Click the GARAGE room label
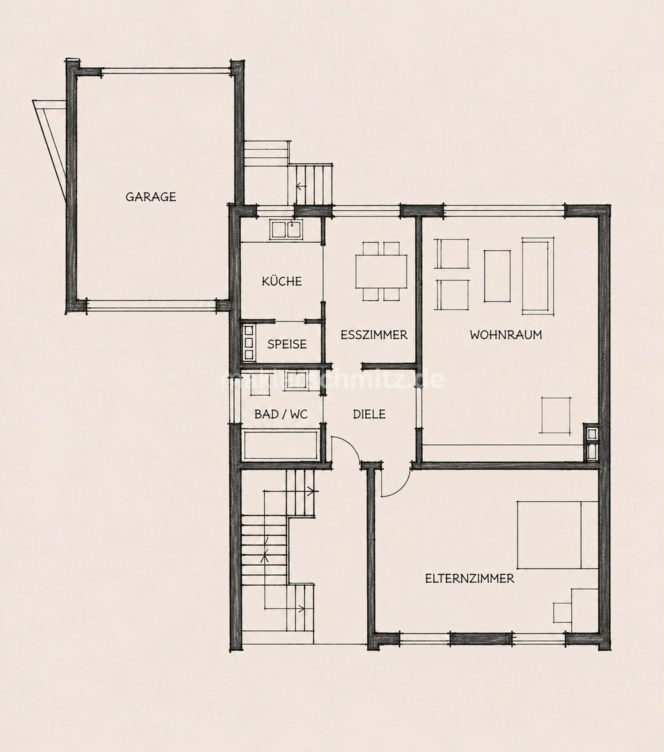coord(151,197)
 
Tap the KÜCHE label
coord(282,281)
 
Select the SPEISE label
coord(287,344)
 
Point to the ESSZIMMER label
coord(374,335)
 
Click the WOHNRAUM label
coord(506,335)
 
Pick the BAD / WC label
coord(281,414)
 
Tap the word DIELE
coord(369,414)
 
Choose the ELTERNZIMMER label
coord(470,578)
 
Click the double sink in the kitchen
coord(287,229)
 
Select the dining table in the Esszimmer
coord(381,271)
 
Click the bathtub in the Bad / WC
coord(281,445)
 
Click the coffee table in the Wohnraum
coord(497,275)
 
